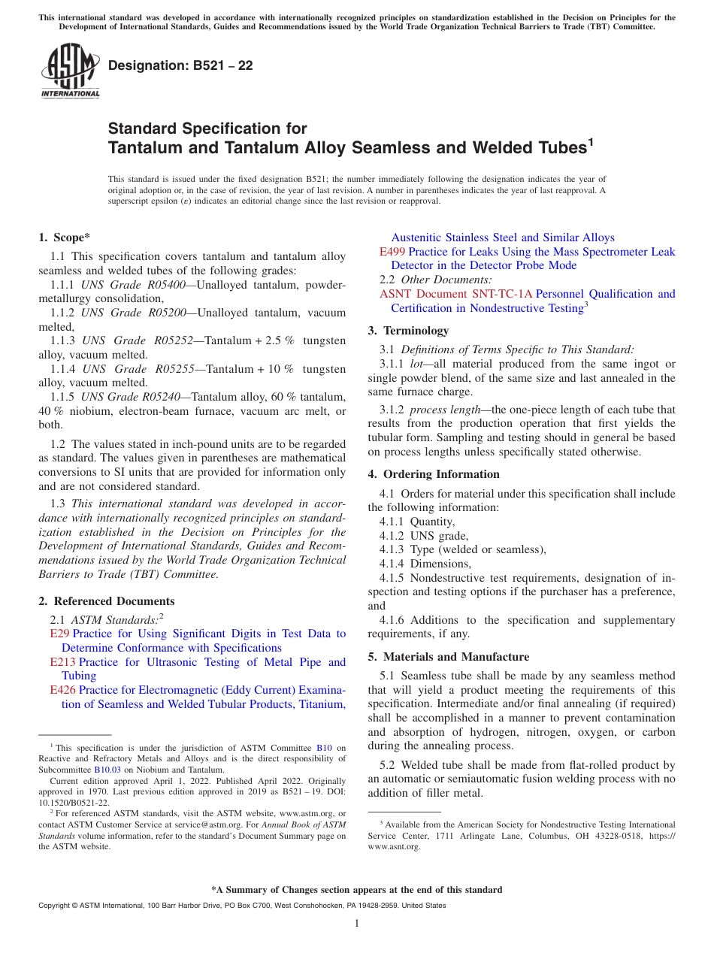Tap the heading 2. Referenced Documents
pyautogui.click(x=106, y=601)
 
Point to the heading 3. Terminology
pyautogui.click(x=408, y=331)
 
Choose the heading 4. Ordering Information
pyautogui.click(x=434, y=474)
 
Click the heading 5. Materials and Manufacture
pyautogui.click(x=448, y=657)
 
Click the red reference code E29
pyautogui.click(x=59, y=634)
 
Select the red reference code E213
pyautogui.click(x=62, y=662)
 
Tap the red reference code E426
pyautogui.click(x=62, y=690)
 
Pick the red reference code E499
pyautogui.click(x=392, y=252)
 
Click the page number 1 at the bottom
pyautogui.click(x=357, y=924)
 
